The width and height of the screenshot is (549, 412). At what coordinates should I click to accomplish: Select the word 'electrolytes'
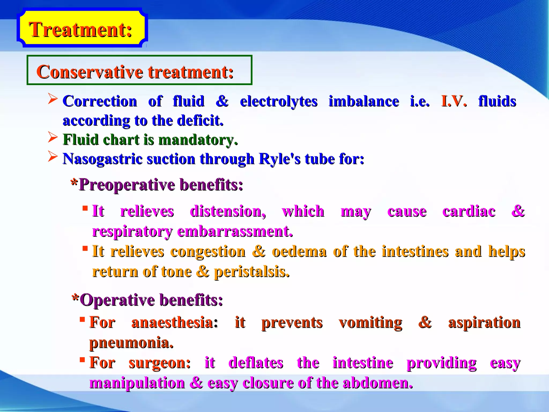(279, 101)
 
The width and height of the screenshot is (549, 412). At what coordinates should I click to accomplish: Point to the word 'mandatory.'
(198, 140)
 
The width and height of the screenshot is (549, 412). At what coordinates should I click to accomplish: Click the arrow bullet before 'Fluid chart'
(53, 138)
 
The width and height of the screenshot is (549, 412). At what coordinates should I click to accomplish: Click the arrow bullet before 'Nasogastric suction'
(53, 157)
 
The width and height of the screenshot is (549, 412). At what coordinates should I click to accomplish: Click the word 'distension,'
(228, 211)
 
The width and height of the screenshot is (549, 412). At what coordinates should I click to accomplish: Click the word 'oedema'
(299, 252)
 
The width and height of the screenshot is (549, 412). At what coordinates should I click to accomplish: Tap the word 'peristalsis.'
(252, 272)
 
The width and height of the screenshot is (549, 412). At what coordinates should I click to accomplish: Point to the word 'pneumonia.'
(131, 343)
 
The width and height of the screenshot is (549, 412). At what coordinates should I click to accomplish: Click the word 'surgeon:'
(159, 363)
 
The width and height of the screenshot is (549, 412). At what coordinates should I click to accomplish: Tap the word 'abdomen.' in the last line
(378, 383)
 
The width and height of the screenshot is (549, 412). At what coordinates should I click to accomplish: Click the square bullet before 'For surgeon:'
(82, 359)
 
